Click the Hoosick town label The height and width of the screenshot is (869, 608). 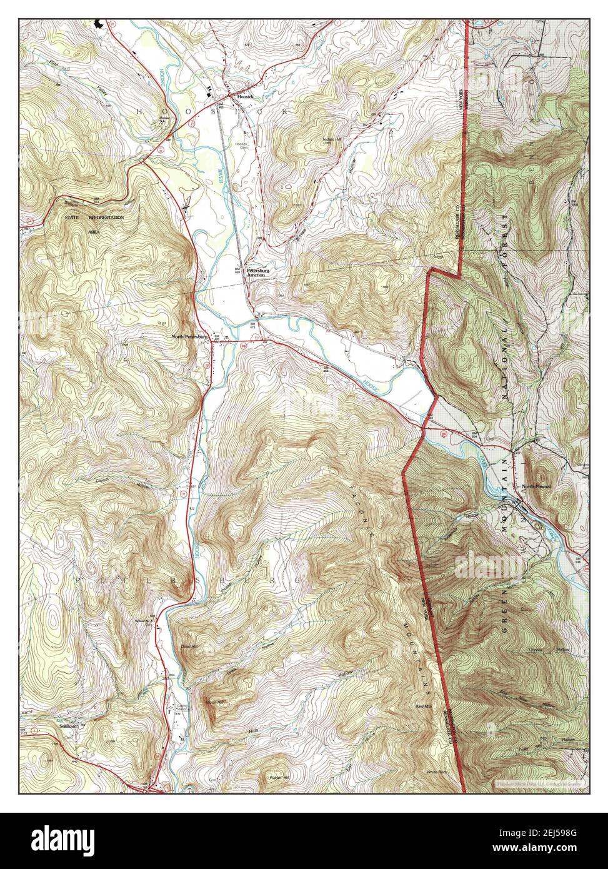pos(239,96)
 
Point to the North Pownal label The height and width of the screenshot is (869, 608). pos(537,487)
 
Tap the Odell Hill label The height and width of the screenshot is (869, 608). pos(188,646)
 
